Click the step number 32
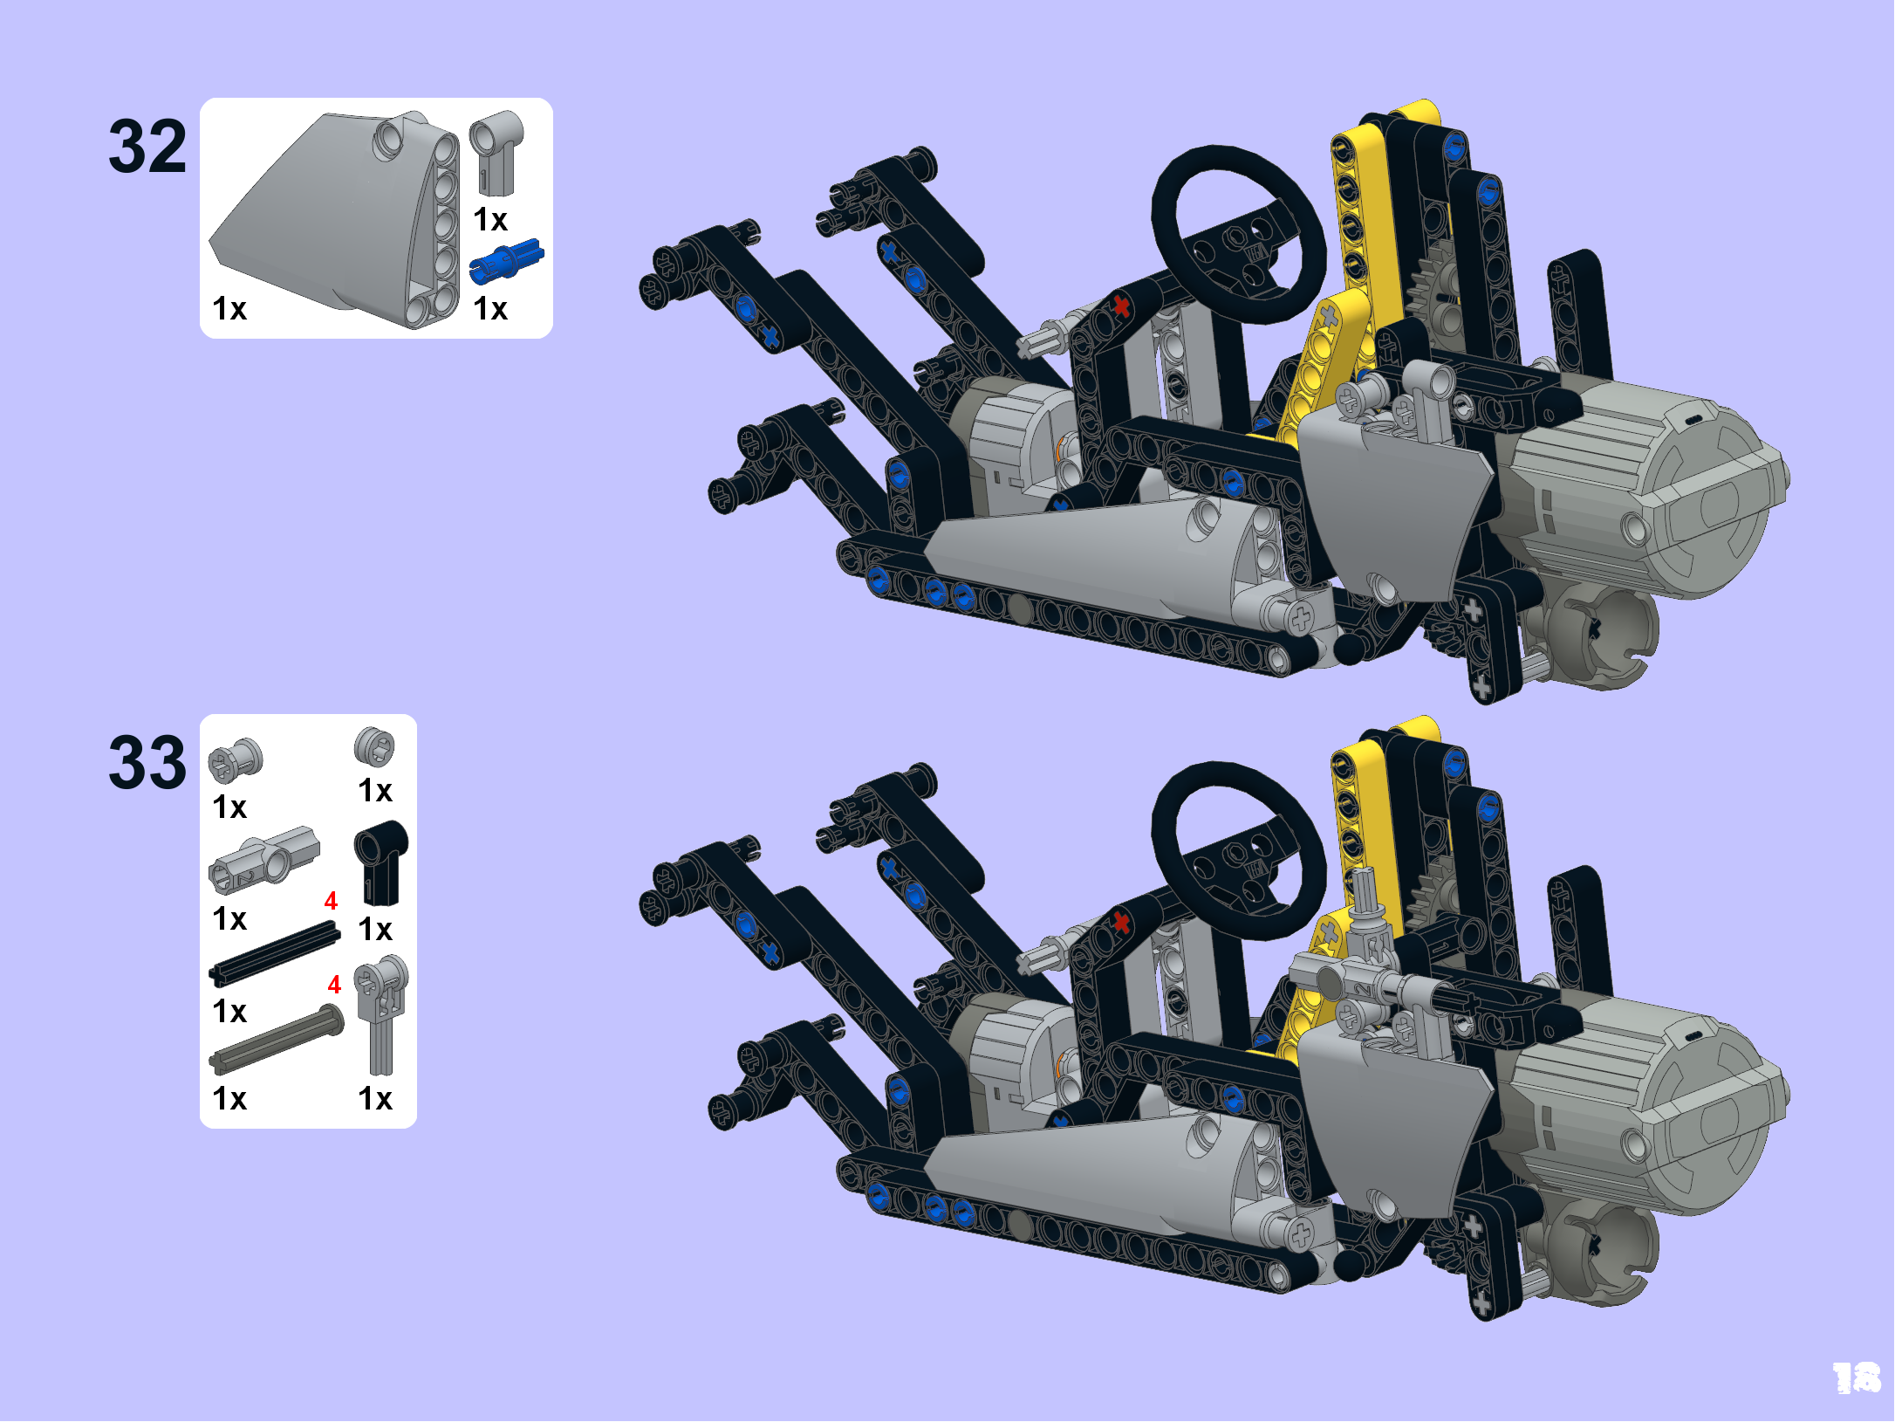(147, 147)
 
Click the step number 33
(147, 762)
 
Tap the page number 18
(1857, 1378)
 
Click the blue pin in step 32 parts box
(506, 261)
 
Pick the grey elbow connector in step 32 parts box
(496, 152)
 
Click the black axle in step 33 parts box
(274, 955)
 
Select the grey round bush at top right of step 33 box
(374, 747)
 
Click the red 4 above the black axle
(331, 901)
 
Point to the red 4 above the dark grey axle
(334, 985)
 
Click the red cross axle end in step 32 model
(1121, 306)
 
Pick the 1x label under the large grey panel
(229, 308)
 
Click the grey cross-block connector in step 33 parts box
(263, 860)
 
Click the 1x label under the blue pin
(490, 308)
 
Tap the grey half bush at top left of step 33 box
(235, 760)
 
